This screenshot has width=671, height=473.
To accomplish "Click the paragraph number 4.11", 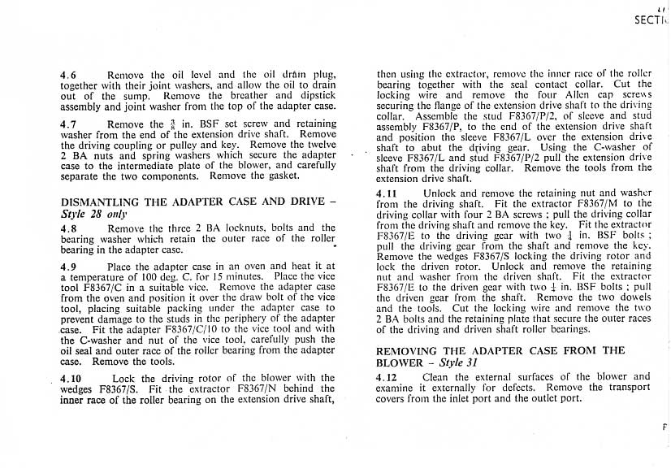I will click(387, 193).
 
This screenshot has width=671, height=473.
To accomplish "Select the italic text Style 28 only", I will click(94, 214).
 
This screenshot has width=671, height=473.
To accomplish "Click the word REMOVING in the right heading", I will click(412, 351).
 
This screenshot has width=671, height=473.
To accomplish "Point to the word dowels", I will click(634, 298).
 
